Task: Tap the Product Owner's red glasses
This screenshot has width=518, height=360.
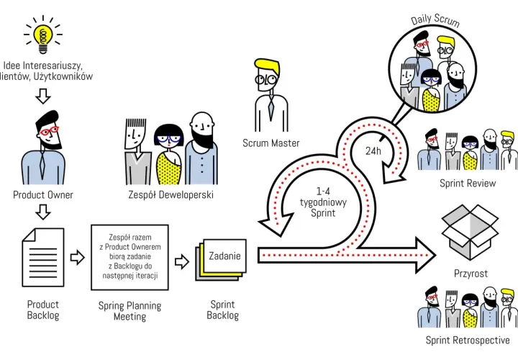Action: click(49, 131)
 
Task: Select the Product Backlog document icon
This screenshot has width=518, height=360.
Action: click(43, 257)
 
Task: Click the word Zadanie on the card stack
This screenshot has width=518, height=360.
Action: click(224, 256)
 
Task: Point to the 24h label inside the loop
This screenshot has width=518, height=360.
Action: click(373, 151)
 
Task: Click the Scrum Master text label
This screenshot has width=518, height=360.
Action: click(271, 143)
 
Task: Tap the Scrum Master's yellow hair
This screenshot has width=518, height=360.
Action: click(268, 66)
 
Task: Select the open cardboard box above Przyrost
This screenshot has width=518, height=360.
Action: click(470, 232)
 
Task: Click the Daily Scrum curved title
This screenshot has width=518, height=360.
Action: click(435, 20)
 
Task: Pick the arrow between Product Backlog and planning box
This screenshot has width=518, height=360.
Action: click(77, 257)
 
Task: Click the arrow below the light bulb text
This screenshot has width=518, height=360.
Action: click(43, 96)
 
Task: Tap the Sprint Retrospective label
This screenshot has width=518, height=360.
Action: click(468, 340)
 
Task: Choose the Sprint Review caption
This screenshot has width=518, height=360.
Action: click(468, 183)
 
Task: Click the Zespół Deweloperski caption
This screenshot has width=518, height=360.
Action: click(171, 194)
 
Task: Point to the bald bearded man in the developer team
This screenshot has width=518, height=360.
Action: click(201, 148)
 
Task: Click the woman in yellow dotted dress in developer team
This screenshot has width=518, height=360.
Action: click(168, 154)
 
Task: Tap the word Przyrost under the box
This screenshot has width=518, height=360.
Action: click(471, 274)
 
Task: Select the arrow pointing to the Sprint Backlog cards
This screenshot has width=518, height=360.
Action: click(182, 262)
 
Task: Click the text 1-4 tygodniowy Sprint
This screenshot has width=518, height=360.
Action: click(323, 202)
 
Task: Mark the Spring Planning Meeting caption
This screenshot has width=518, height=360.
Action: click(129, 311)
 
